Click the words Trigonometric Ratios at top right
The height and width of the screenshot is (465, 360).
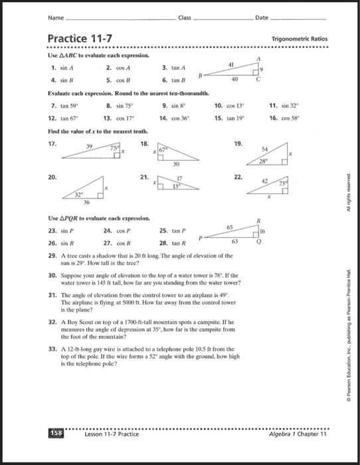[x=299, y=39]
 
